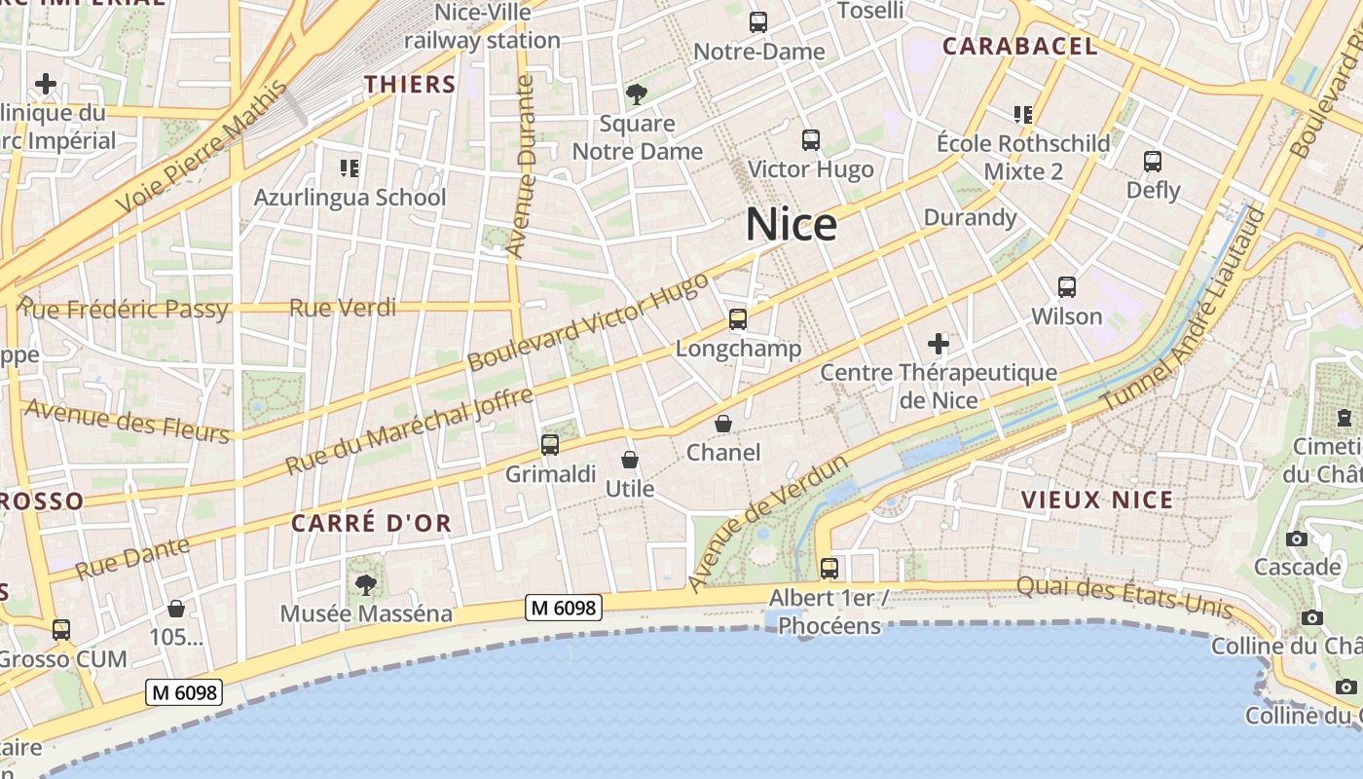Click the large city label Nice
pos(792,225)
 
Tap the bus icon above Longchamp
pos(738,318)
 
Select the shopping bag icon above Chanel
pos(723,424)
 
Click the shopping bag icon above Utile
pos(630,460)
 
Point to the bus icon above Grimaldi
pos(550,445)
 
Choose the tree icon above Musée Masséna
pos(366,584)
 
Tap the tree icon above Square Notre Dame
pos(637,94)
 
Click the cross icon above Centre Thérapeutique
pos(939,343)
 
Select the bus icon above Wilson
pos(1067,287)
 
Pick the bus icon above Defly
pos(1153,161)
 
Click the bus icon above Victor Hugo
pos(811,140)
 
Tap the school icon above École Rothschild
pos(1022,115)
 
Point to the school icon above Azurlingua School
pos(350,168)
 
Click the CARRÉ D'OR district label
pos(372,523)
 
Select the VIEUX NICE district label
pos(1097,501)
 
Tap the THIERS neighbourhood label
pos(411,85)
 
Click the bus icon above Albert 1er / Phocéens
pos(829,568)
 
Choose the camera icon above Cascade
pos(1297,538)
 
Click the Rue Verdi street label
pos(343,309)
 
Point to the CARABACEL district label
pos(1020,46)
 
